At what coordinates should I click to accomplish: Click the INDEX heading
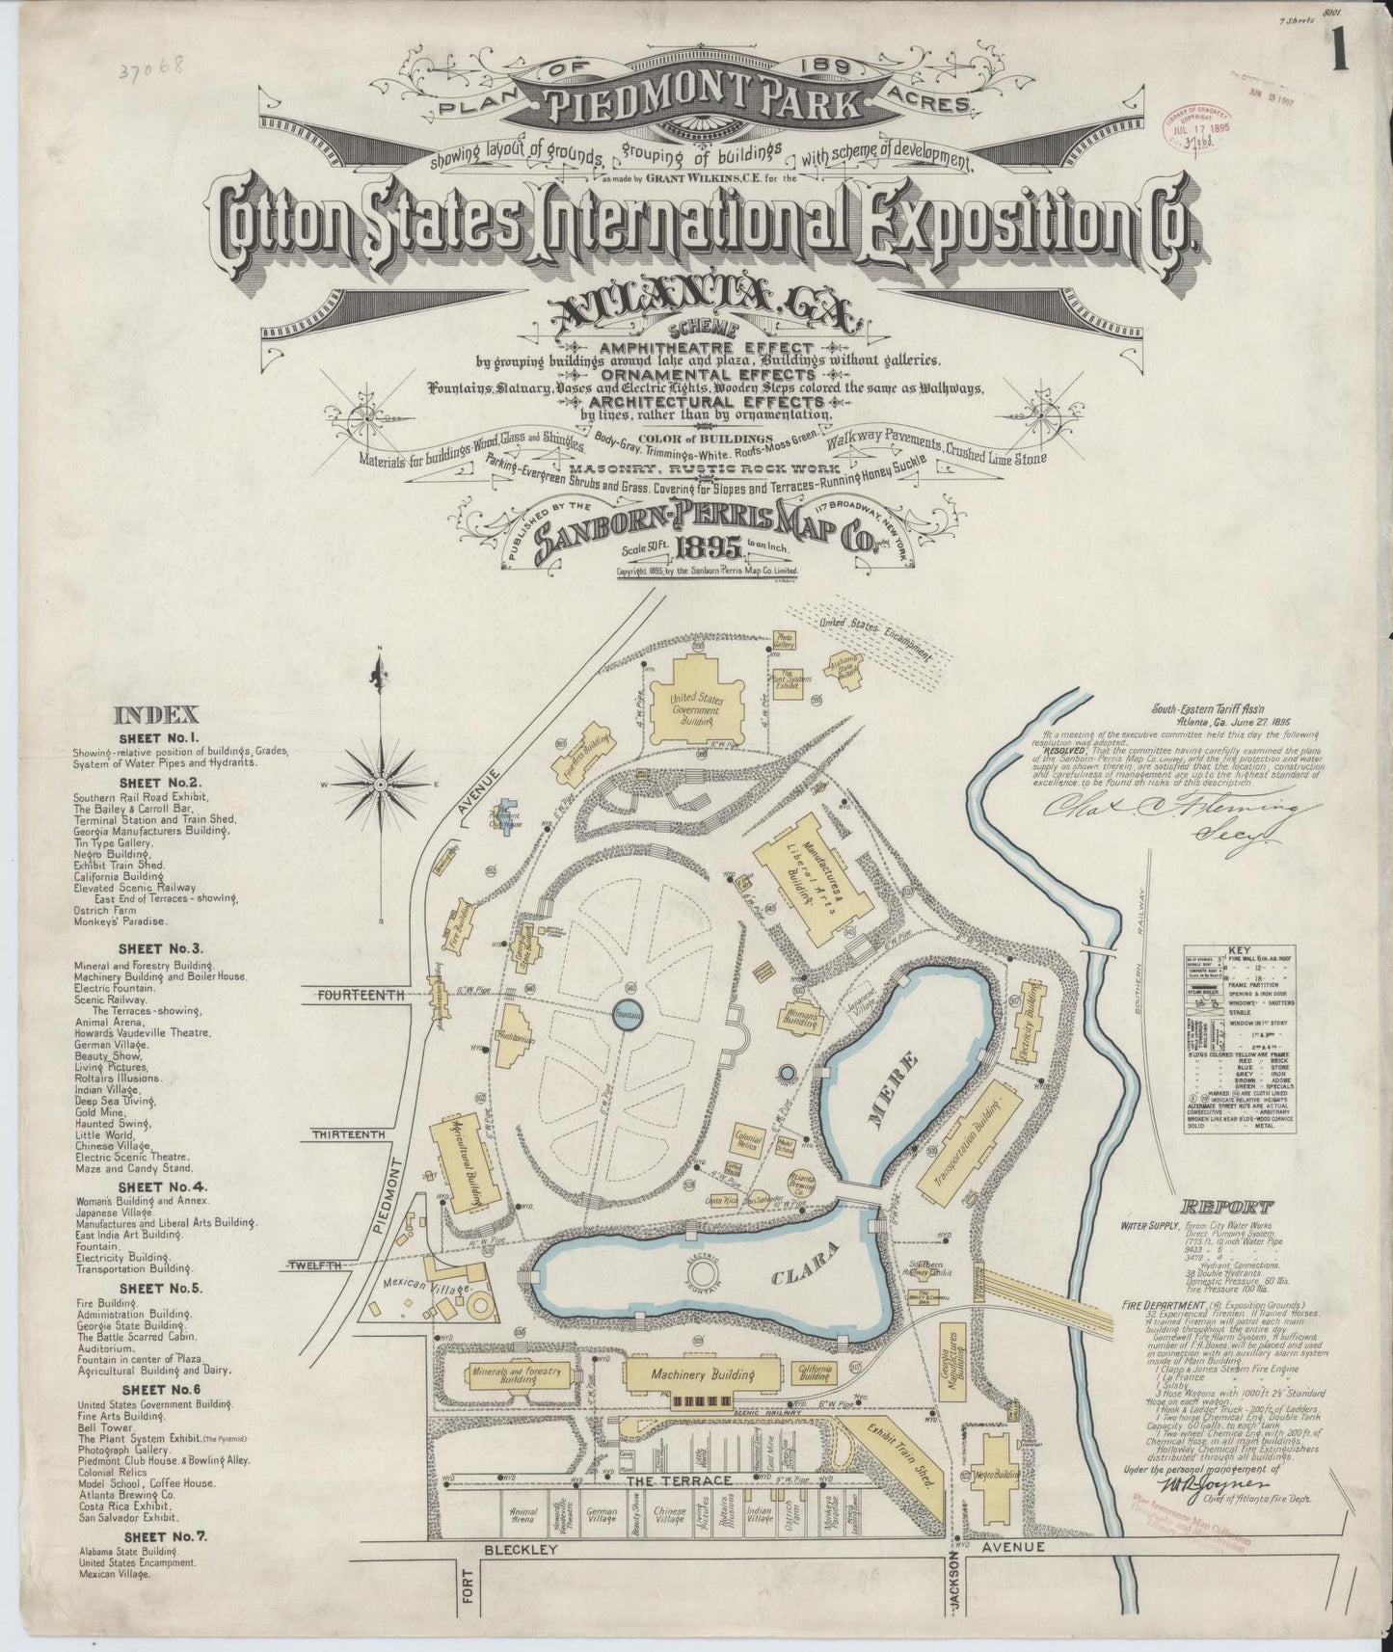point(156,714)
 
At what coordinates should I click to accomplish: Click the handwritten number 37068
point(162,72)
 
